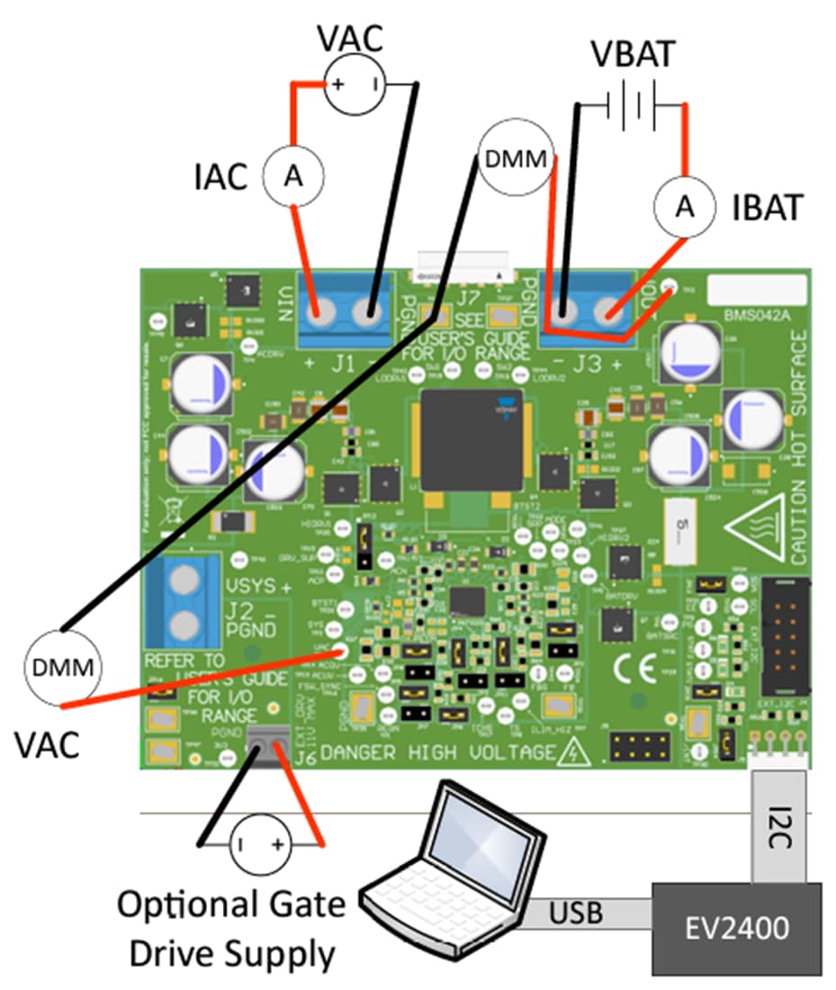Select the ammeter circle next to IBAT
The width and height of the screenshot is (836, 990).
(684, 207)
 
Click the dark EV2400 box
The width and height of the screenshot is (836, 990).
(736, 928)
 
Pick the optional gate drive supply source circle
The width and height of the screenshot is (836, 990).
(260, 844)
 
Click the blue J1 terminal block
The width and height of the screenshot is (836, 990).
(345, 312)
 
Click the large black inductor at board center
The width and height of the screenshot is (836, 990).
(471, 439)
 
